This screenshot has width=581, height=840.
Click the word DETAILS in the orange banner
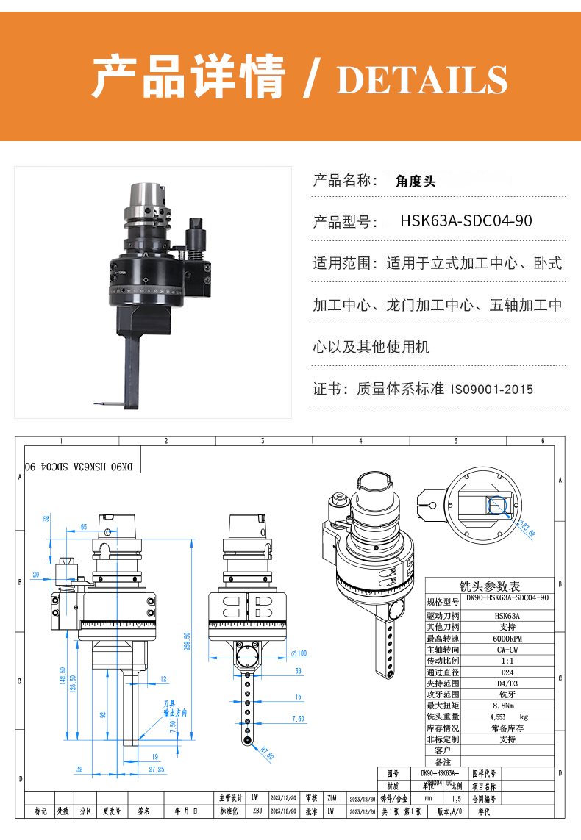(x=422, y=79)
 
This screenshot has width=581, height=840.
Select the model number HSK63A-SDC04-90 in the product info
(x=466, y=221)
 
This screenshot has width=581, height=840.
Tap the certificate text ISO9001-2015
(x=492, y=389)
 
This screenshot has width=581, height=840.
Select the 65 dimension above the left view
(x=84, y=527)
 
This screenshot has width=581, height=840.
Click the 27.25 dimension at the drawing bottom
(x=156, y=769)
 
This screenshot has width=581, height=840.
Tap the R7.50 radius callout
(x=267, y=753)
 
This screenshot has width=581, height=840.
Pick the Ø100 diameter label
(x=299, y=653)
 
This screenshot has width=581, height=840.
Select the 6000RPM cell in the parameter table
(x=507, y=639)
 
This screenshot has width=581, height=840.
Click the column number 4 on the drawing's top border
(x=360, y=440)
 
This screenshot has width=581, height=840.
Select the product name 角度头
(x=416, y=180)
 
